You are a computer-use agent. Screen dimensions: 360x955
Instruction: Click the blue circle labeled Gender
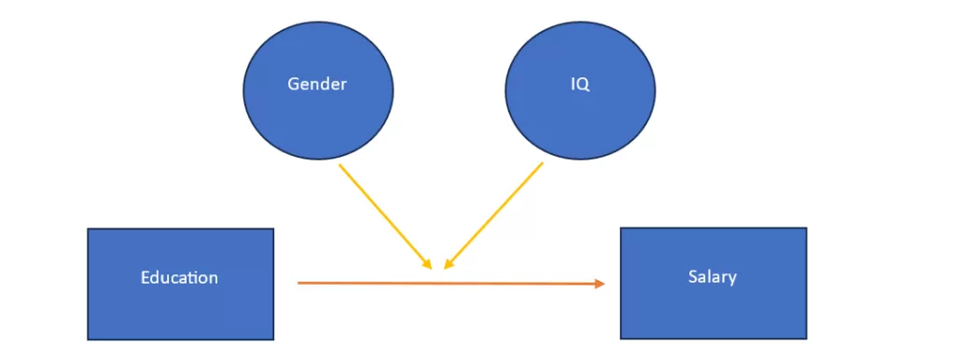[318, 112]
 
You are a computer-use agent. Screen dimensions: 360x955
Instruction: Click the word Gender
[317, 84]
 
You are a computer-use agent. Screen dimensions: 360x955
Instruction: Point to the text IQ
[580, 84]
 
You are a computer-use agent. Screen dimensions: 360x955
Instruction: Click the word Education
[179, 277]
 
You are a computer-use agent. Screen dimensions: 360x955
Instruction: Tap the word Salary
[713, 276]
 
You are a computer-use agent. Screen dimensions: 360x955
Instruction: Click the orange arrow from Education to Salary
[448, 283]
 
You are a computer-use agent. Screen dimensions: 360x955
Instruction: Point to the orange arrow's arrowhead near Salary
[600, 284]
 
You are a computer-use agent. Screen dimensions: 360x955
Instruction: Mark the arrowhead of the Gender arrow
[428, 265]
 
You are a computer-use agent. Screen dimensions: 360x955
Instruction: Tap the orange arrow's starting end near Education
[299, 282]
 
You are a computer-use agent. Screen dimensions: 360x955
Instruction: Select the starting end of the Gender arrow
[339, 165]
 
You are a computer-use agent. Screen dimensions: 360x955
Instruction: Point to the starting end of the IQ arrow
[542, 164]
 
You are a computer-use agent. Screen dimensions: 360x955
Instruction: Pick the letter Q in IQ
[584, 84]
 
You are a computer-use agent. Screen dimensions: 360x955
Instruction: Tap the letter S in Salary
[692, 276]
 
